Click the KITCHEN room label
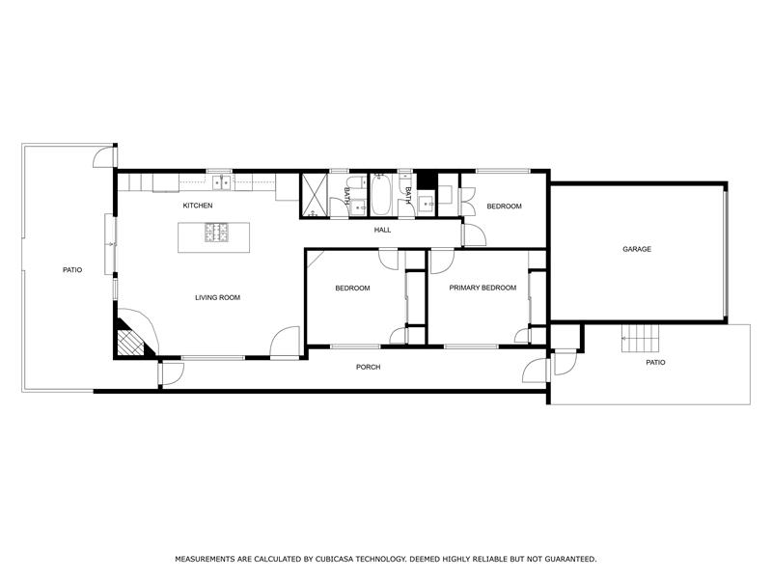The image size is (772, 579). (198, 206)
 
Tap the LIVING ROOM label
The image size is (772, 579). (217, 297)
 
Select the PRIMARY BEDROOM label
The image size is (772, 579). (482, 288)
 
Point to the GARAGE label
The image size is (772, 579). (637, 249)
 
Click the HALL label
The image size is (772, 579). (383, 230)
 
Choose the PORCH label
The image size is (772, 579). (368, 367)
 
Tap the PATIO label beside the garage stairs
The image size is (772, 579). (655, 363)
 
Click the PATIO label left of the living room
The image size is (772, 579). (72, 270)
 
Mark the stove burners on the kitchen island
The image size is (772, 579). (217, 233)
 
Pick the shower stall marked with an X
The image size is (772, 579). (316, 194)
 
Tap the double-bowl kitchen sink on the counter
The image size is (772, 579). (222, 180)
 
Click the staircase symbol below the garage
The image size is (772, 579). (639, 339)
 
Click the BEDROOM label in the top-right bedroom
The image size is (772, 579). (504, 207)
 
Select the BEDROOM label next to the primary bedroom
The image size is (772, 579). (352, 288)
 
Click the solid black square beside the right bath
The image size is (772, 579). (426, 180)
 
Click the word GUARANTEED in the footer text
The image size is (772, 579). (565, 559)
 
